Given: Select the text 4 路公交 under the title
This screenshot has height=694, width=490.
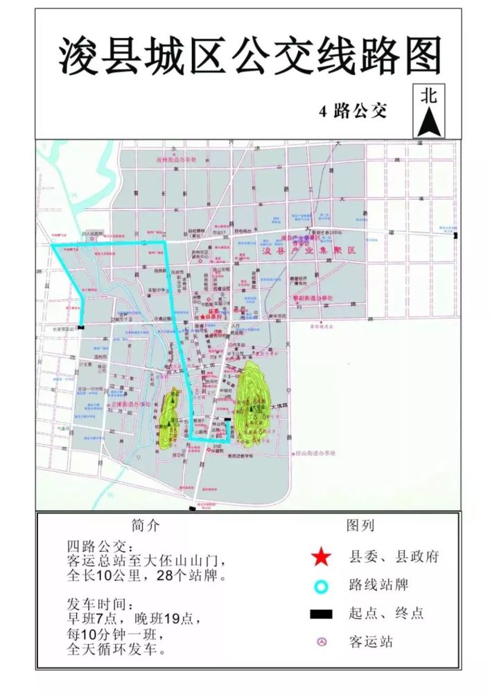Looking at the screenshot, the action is coord(353,110).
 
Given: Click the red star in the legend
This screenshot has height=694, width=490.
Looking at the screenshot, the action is coord(320,557).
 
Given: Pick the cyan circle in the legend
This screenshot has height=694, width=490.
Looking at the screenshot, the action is coord(320,585).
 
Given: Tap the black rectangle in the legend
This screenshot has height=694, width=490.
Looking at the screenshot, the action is coord(320,613).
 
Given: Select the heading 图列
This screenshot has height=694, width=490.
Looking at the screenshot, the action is coord(360,525).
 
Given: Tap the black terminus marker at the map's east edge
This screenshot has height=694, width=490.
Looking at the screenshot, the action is coord(455,237).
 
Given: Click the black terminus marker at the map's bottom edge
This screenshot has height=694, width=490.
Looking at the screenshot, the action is coord(192,509).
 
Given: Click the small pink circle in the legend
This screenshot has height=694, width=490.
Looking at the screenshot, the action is coord(320,642).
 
